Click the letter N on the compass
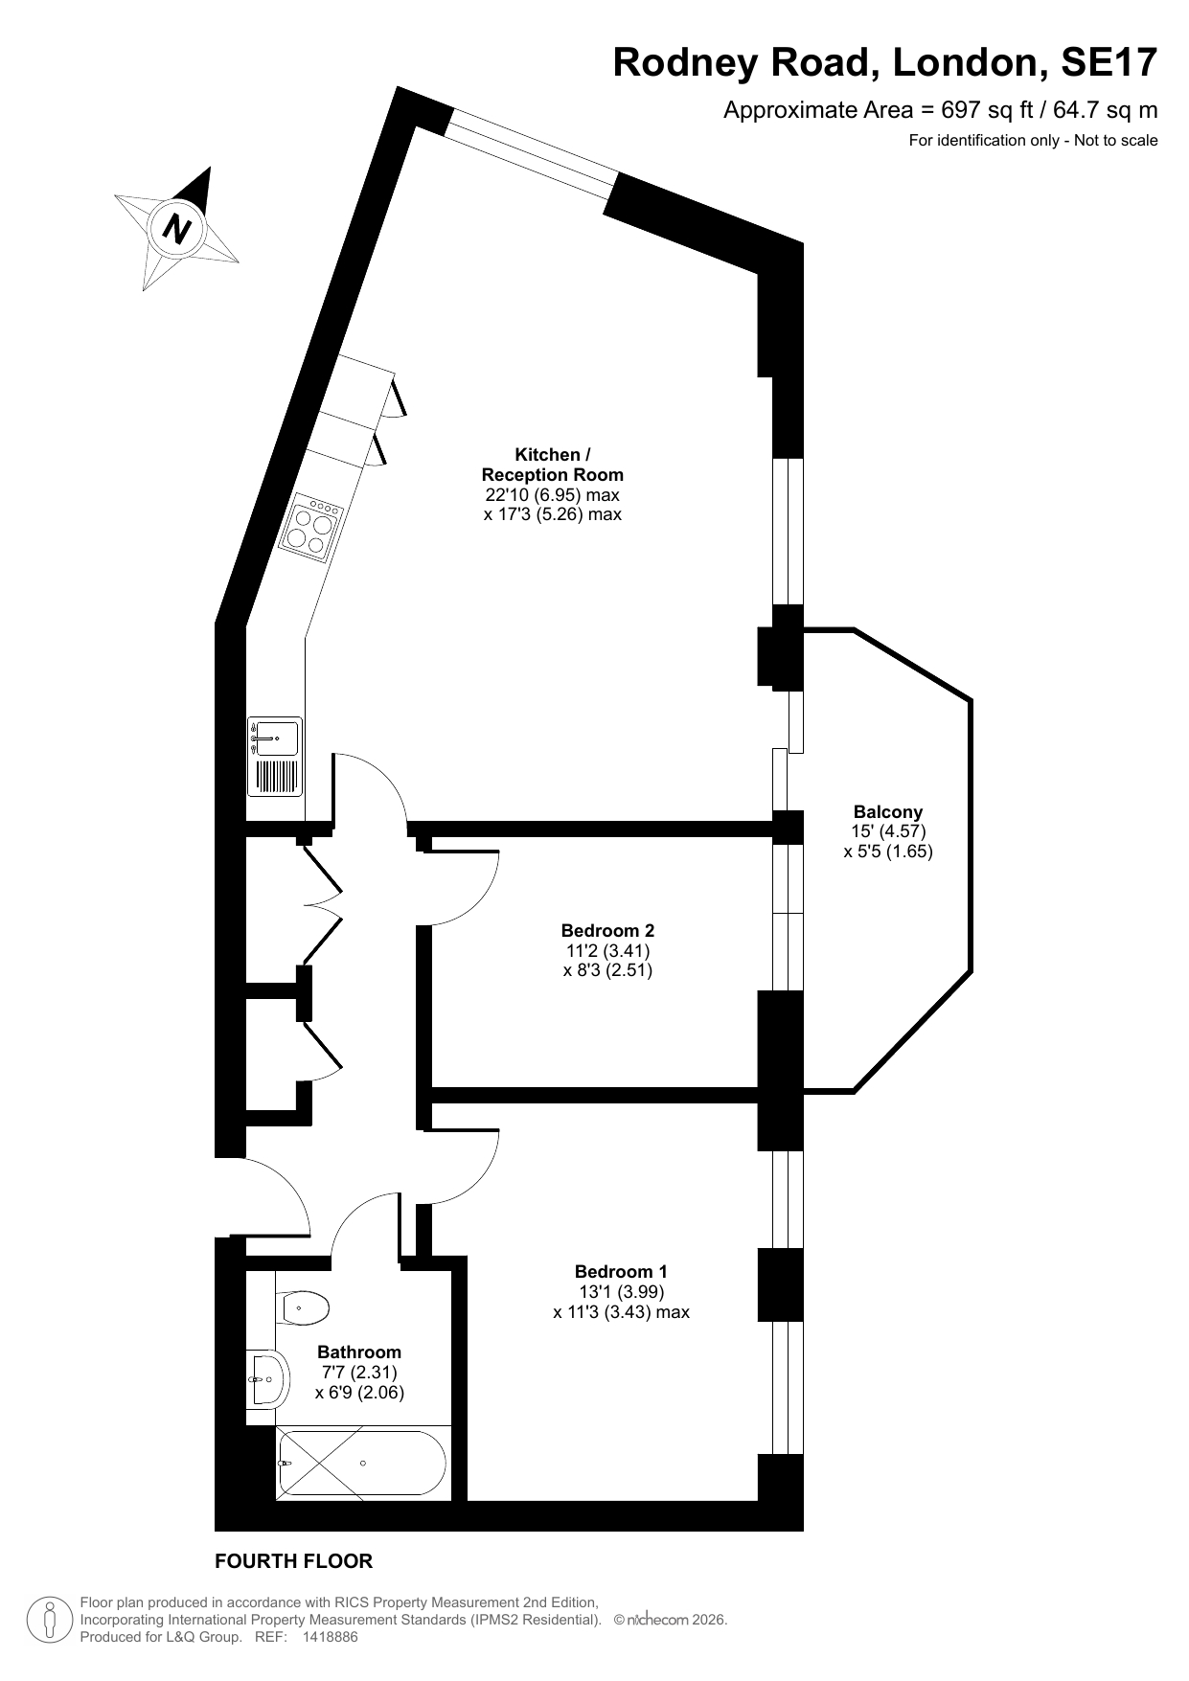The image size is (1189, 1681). point(177,229)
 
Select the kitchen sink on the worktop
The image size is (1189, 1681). point(275,757)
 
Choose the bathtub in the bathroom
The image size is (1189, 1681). point(362,1464)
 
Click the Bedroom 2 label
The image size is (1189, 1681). point(607,930)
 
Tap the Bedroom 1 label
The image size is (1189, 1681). point(621,1271)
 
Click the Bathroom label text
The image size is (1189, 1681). point(359,1352)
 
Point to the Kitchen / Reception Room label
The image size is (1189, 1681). point(552,465)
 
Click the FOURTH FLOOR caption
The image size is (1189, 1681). point(293,1561)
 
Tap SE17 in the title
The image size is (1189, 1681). point(1109,62)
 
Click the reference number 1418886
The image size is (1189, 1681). point(330,1638)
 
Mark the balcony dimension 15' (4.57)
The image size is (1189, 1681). point(888,831)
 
